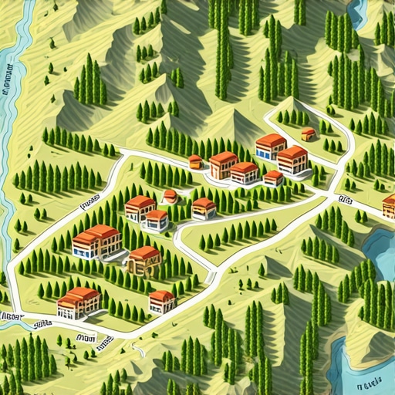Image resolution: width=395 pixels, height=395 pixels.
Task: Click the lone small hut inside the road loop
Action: [309, 134]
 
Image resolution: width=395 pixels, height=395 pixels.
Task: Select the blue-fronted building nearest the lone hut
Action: [271, 146]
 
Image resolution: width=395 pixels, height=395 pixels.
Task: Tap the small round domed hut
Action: [170, 197]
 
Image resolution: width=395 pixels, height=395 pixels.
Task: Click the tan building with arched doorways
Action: [144, 260]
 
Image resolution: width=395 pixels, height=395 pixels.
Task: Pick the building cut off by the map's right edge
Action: [389, 206]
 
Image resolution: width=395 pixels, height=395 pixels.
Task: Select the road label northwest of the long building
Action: [91, 204]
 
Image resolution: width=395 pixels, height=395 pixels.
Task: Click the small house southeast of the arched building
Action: [162, 300]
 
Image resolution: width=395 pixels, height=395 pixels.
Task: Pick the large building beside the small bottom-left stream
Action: [79, 302]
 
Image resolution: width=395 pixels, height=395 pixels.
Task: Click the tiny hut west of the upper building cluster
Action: [195, 161]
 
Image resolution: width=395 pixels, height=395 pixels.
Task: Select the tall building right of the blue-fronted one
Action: [292, 159]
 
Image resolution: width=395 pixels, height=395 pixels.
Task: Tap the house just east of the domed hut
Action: [204, 208]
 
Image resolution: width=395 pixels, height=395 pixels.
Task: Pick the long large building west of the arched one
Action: [96, 241]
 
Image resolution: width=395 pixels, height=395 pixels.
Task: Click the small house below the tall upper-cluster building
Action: [273, 178]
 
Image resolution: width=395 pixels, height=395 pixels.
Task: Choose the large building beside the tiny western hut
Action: [223, 164]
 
